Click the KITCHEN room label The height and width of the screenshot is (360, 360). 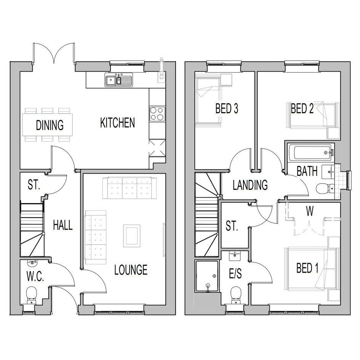coord(117,123)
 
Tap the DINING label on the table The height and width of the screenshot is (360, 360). coord(50,125)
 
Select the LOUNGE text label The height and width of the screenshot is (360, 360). coord(131,270)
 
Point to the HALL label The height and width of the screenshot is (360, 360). coord(63,225)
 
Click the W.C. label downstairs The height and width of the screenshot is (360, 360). coord(35,277)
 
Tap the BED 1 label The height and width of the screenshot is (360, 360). coord(307,268)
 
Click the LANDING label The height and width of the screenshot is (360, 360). coord(250,185)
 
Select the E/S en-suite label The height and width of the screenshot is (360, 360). coord(235,274)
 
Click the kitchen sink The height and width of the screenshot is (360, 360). coord(119,80)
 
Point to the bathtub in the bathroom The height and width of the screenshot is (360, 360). coord(310,152)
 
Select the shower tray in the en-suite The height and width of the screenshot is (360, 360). coord(207,276)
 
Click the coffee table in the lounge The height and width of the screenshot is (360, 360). coord(132,236)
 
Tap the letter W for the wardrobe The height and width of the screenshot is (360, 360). coord(310,212)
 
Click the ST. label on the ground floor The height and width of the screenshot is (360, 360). coord(34,185)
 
